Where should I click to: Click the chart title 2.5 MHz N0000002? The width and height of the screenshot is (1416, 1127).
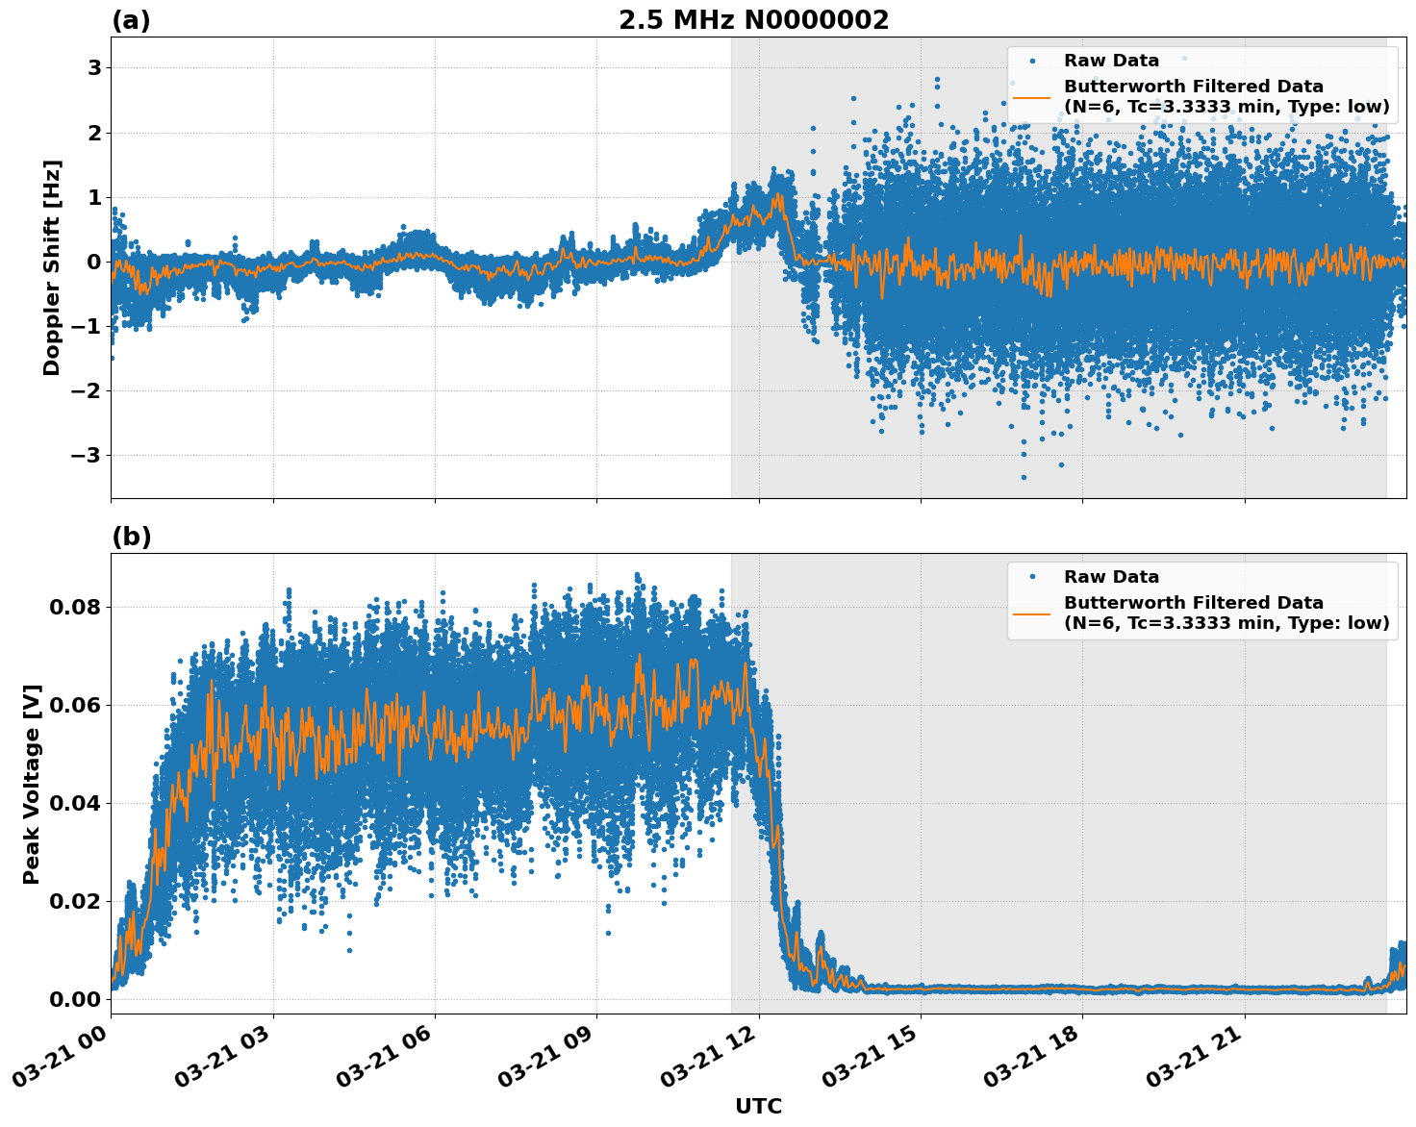coord(753,20)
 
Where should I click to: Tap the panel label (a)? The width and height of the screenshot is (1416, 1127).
coord(131,20)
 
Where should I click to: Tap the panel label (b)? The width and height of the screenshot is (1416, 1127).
coord(131,537)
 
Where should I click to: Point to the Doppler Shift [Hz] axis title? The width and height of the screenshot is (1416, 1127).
coord(52,267)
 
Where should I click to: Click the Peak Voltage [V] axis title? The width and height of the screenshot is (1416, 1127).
coord(32,784)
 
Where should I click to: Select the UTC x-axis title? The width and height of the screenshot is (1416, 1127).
coord(758,1106)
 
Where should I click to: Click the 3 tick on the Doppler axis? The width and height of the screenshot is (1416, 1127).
coord(94,68)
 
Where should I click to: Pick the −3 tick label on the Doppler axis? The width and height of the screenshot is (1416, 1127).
coord(87,455)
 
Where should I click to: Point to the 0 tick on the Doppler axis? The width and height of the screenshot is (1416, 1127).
coord(94,262)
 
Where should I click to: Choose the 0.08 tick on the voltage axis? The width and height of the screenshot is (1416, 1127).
coord(76,607)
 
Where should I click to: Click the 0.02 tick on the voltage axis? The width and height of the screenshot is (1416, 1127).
coord(76,901)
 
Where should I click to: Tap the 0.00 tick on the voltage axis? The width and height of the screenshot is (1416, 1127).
coord(76,999)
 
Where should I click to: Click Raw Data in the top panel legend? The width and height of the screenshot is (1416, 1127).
coord(1111,61)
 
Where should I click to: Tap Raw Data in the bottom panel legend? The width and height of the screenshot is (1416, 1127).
coord(1111,577)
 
